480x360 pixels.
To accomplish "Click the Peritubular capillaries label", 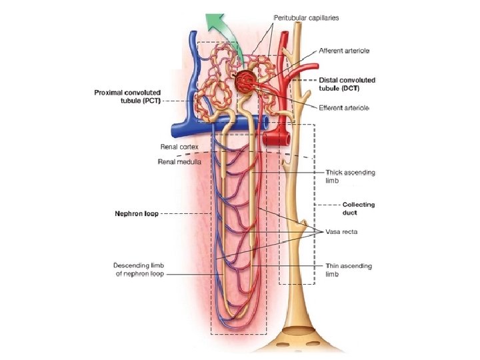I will pyautogui.click(x=306, y=17).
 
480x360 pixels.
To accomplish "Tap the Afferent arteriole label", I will pyautogui.click(x=344, y=51).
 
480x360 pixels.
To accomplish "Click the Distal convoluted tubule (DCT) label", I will pyautogui.click(x=347, y=84).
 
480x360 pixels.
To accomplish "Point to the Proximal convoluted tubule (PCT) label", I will pyautogui.click(x=127, y=96).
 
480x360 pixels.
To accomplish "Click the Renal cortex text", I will pyautogui.click(x=179, y=147).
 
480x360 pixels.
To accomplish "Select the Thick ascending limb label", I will pyautogui.click(x=350, y=176).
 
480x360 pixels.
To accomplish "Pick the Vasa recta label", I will pyautogui.click(x=341, y=231).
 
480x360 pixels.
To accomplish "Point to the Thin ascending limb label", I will pyautogui.click(x=348, y=269).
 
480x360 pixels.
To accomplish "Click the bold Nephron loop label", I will pyautogui.click(x=136, y=214).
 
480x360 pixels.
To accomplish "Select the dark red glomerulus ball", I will pyautogui.click(x=244, y=82).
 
